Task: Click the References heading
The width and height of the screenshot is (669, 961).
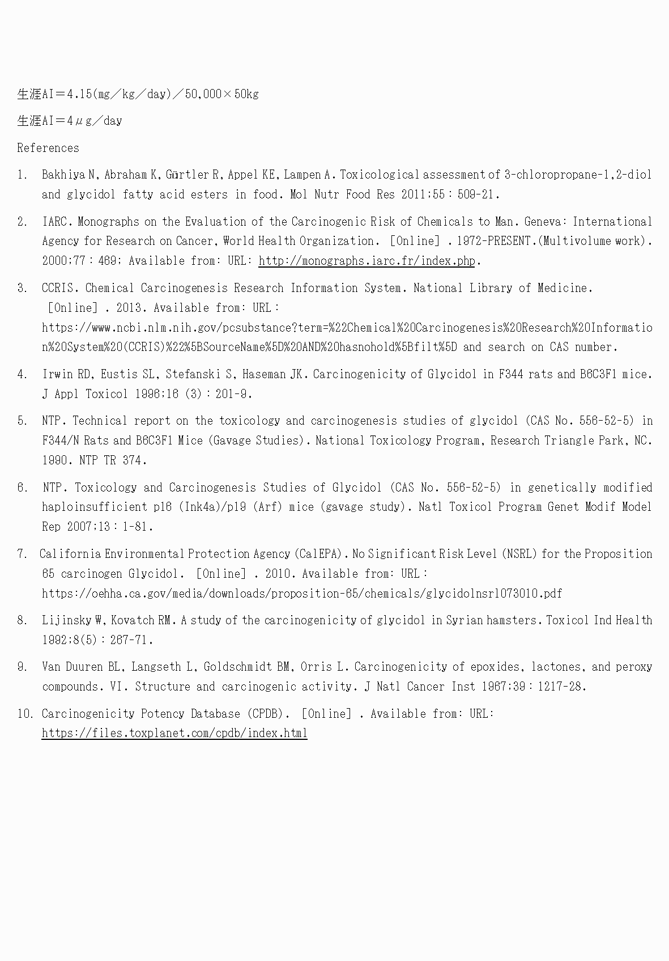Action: tap(48, 148)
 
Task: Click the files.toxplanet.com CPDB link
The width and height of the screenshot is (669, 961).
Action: tap(174, 733)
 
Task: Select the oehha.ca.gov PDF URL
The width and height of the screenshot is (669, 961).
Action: tap(302, 594)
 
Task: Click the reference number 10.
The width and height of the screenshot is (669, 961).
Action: tap(24, 714)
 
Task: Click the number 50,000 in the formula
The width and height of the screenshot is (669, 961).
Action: tap(203, 94)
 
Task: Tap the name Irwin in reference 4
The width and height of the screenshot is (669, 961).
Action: tap(57, 374)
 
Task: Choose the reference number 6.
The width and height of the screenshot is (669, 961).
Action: tap(22, 488)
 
